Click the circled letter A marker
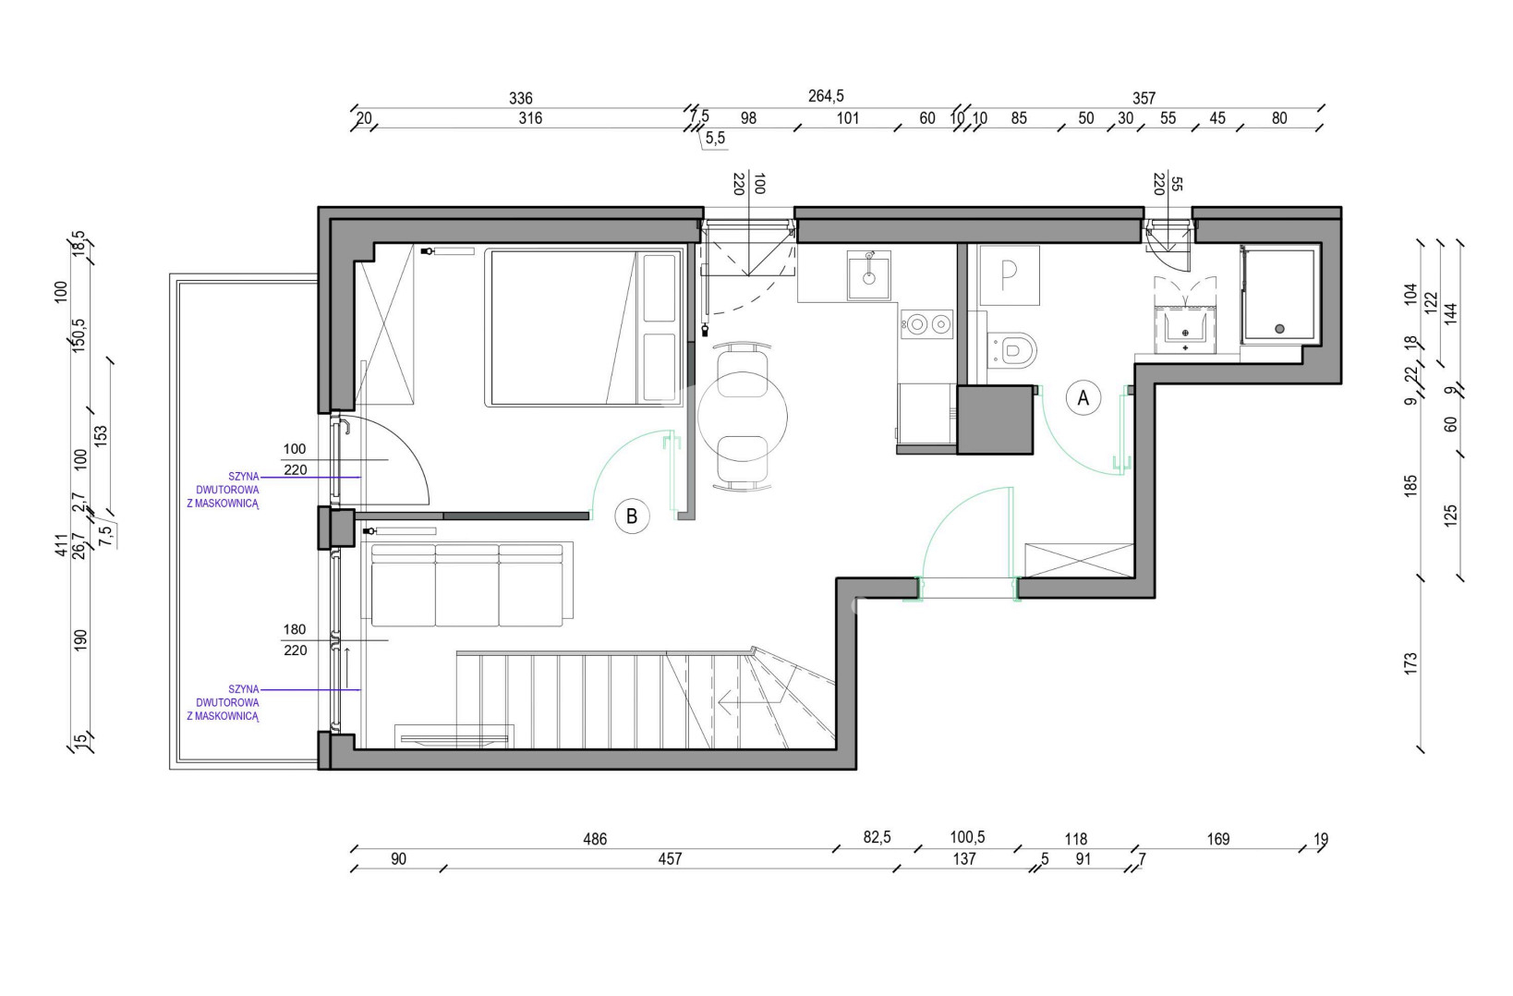[1083, 398]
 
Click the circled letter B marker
[632, 516]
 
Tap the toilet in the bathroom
[1011, 350]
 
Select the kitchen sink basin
[868, 274]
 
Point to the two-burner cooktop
[927, 325]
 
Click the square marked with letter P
[1009, 275]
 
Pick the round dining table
[743, 417]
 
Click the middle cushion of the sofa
[466, 586]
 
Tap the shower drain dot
[1279, 329]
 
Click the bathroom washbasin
[1185, 331]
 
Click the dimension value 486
[595, 839]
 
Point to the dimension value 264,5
[826, 97]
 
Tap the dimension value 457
[670, 859]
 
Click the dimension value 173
[1410, 663]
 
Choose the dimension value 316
[530, 118]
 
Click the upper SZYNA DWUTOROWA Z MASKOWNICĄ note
[224, 490]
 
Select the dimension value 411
[62, 544]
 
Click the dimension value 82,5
[877, 838]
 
